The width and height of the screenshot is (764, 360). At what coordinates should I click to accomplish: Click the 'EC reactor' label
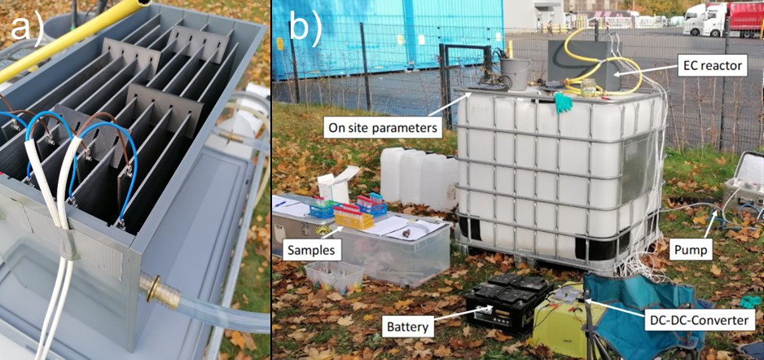[x=712, y=65]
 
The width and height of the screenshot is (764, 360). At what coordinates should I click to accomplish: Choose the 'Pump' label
[x=691, y=250]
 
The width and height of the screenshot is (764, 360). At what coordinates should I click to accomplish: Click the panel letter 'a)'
[x=28, y=29]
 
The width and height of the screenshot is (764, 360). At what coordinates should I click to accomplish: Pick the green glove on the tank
[x=564, y=102]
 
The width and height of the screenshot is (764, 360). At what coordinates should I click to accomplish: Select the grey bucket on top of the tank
[x=515, y=73]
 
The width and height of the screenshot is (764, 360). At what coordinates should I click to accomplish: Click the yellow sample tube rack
[x=353, y=217]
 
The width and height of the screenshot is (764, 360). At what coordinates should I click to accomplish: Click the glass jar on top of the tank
[x=588, y=87]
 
